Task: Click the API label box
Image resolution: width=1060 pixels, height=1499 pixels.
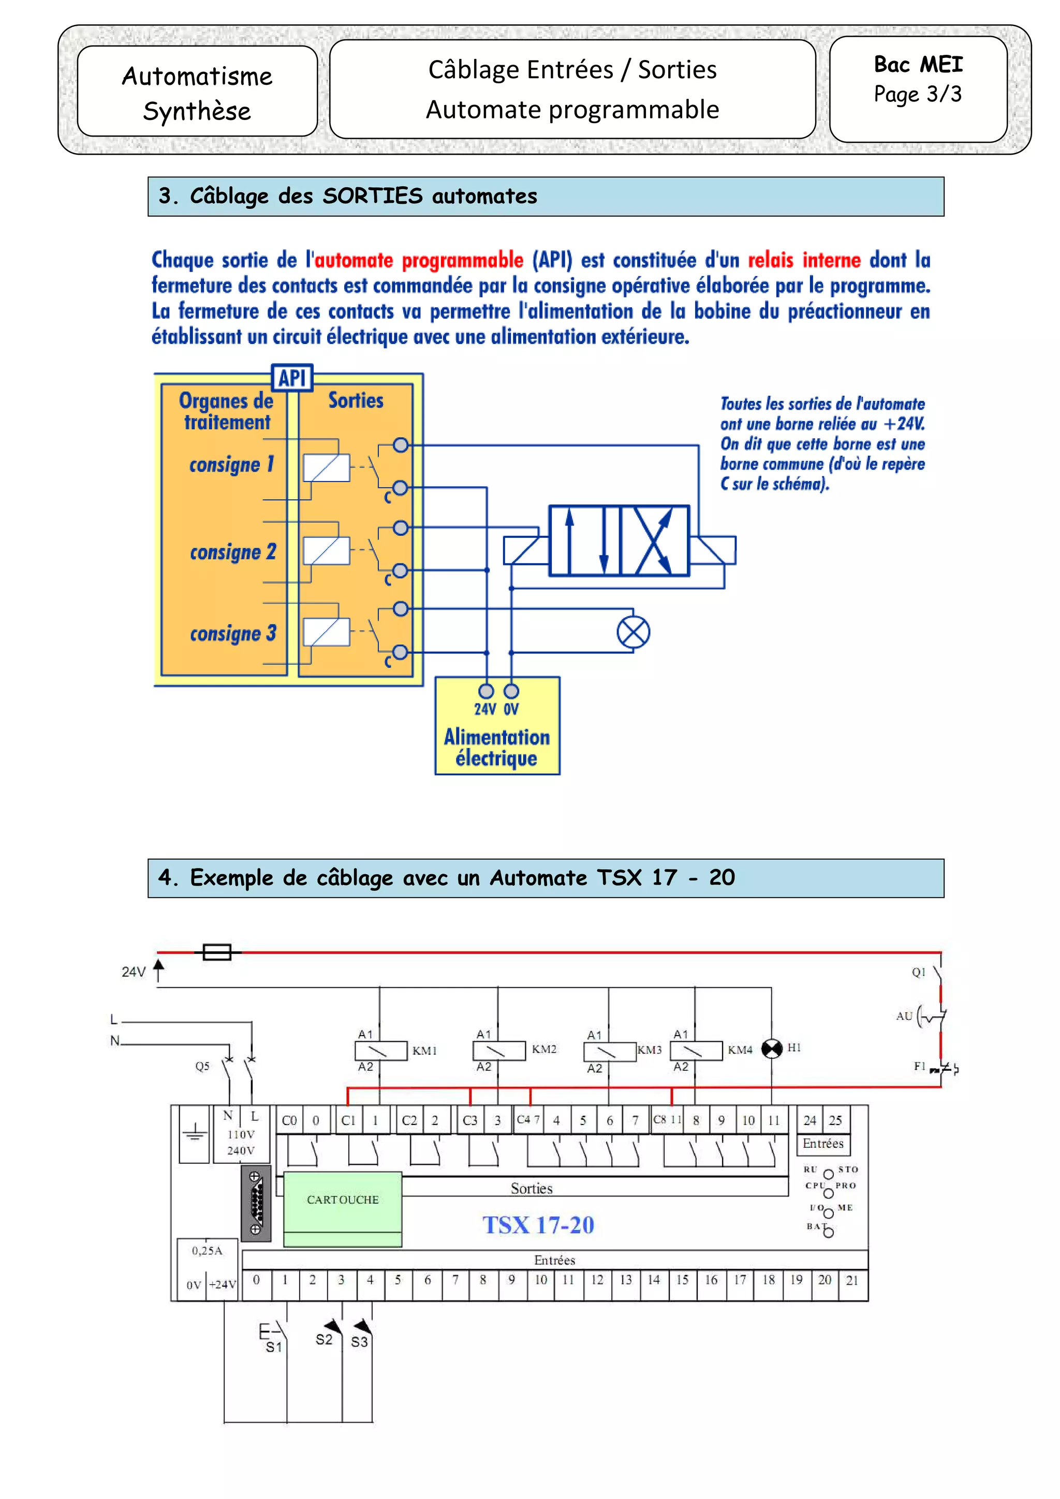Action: (292, 378)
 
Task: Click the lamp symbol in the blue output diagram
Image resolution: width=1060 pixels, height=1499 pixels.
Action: (633, 632)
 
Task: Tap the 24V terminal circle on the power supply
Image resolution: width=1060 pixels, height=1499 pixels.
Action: (486, 691)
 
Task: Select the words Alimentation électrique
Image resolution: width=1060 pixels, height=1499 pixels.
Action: (496, 747)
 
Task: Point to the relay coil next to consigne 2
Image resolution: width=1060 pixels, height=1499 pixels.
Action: (326, 550)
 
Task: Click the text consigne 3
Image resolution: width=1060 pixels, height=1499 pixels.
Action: (233, 633)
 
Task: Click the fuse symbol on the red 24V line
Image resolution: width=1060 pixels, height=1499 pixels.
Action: (217, 953)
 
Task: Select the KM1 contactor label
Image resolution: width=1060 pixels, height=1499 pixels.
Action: (424, 1051)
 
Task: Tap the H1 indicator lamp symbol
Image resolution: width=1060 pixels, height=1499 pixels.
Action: (772, 1049)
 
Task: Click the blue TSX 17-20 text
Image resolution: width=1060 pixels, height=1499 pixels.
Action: (538, 1225)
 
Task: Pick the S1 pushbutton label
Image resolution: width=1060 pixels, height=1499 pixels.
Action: (274, 1347)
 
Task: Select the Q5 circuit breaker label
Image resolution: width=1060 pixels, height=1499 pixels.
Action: (202, 1066)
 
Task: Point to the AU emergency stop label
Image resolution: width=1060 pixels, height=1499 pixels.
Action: (904, 1016)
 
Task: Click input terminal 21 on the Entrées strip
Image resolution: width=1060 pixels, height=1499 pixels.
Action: (851, 1280)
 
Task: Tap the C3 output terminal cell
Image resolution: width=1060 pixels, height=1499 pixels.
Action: (469, 1120)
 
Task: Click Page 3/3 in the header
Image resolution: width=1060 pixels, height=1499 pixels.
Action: (918, 94)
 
